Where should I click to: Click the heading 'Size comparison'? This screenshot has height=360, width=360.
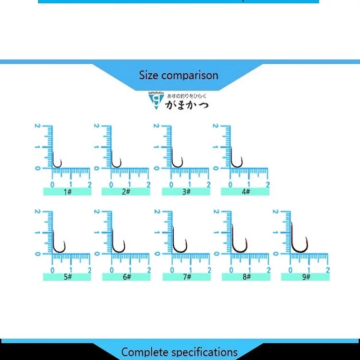[x=179, y=75]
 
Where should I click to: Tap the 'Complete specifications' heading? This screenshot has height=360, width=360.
[x=179, y=351]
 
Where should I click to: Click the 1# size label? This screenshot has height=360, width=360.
[x=67, y=192]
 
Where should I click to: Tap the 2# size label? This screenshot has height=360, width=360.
[x=126, y=192]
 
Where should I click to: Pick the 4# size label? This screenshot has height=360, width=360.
[x=245, y=192]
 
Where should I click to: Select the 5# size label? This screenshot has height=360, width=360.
[x=67, y=277]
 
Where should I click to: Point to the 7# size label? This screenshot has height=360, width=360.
[x=186, y=277]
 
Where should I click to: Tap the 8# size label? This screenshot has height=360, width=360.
[x=246, y=277]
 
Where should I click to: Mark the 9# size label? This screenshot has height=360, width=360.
[x=306, y=277]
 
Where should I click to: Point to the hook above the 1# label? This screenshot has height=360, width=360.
[x=57, y=162]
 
